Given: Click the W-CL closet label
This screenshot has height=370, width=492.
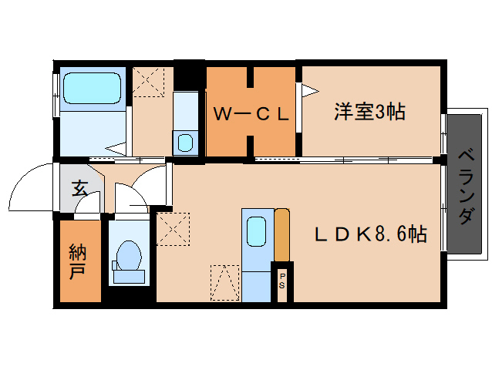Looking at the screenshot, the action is [x=251, y=114].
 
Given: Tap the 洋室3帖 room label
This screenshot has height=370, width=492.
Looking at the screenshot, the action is [x=369, y=112].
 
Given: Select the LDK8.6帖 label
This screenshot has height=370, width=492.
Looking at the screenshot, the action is [x=371, y=234].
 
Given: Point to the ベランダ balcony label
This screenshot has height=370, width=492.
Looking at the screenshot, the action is [x=466, y=187].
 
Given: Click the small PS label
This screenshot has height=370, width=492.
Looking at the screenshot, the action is [x=282, y=281].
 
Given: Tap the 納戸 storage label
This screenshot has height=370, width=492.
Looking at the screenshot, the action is [x=77, y=262].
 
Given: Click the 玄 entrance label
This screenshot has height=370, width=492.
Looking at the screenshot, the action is [x=79, y=188].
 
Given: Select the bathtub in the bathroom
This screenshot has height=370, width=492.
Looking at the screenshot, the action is [x=93, y=89].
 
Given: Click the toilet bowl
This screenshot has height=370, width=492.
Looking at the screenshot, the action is [x=129, y=255].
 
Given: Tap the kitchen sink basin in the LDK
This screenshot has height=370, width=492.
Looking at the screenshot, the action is [x=256, y=232].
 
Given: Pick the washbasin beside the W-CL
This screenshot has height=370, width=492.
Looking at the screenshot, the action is [x=185, y=143].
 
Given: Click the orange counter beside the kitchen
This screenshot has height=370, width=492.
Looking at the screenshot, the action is [x=281, y=234].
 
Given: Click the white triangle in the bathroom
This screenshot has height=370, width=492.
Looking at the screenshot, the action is [x=116, y=148].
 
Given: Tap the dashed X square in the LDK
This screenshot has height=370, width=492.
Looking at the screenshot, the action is [x=173, y=229].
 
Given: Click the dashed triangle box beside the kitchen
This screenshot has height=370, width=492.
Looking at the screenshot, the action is [x=224, y=283].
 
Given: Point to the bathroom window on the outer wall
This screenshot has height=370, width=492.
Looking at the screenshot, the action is [x=56, y=96].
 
